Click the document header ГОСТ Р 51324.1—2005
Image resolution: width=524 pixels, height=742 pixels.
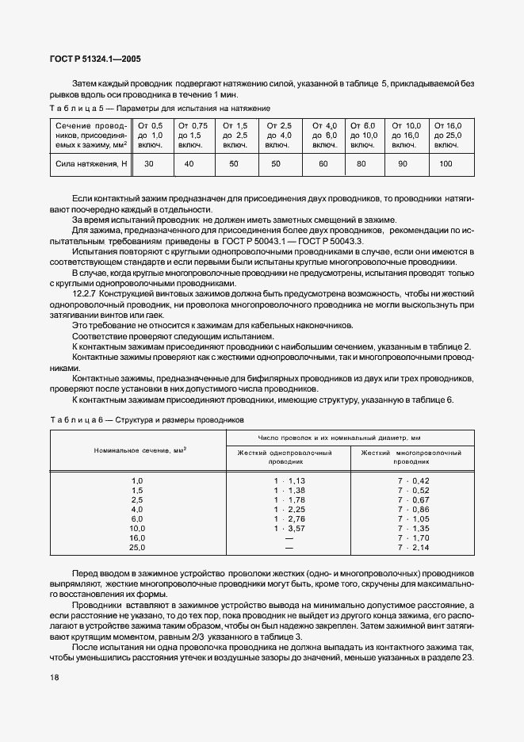point(96,59)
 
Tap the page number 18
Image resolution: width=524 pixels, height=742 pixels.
point(55,677)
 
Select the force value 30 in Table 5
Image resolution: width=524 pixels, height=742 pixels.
point(148,163)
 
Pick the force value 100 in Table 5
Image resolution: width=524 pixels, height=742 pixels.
point(446,163)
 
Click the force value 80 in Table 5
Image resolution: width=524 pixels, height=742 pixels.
point(362,163)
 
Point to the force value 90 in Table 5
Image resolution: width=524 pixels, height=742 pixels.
point(403,163)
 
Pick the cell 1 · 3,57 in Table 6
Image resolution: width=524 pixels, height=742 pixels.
point(289,528)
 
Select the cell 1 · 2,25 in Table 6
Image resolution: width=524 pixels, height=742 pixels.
point(289,509)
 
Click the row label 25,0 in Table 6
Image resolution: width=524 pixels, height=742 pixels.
point(137,548)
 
